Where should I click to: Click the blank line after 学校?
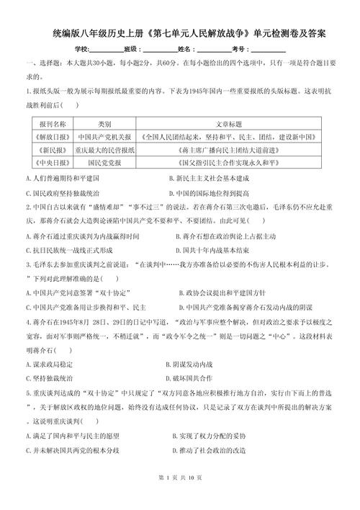[107, 48]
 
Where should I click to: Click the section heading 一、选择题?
[43, 63]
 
